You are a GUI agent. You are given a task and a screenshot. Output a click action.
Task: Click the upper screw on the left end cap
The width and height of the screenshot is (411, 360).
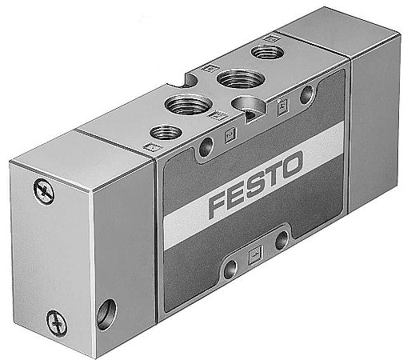click(x=42, y=189)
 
